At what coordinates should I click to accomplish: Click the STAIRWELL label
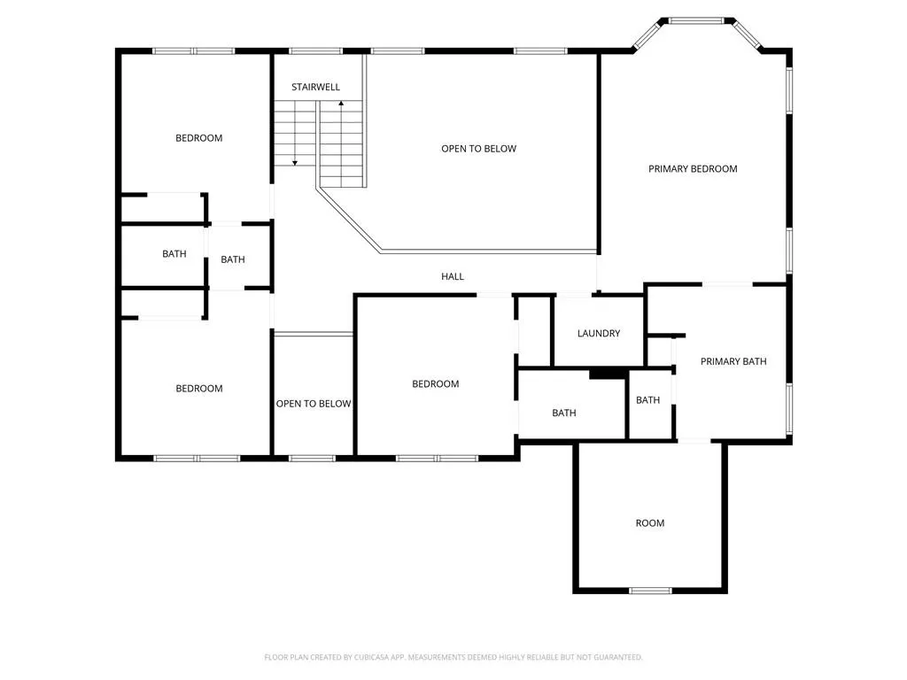(x=315, y=88)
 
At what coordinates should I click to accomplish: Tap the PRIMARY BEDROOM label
(x=693, y=169)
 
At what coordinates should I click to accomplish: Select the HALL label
(x=453, y=276)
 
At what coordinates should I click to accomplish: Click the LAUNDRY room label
(x=599, y=333)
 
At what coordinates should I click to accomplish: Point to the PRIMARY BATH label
(x=733, y=361)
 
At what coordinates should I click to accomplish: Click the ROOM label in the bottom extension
(x=649, y=523)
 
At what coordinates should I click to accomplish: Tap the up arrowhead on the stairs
(x=341, y=104)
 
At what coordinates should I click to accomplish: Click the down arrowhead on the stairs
(x=294, y=163)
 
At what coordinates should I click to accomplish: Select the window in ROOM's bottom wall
(x=650, y=591)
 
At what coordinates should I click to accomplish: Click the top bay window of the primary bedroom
(x=696, y=21)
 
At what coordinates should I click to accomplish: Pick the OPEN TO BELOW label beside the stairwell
(x=478, y=149)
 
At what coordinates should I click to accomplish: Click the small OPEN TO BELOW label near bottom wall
(x=313, y=404)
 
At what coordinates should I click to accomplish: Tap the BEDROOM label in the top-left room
(x=198, y=138)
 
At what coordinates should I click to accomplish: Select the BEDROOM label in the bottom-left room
(x=199, y=389)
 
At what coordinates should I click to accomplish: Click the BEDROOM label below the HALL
(x=435, y=384)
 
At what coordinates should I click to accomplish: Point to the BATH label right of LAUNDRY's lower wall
(x=647, y=400)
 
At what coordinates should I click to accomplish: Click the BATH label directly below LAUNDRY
(x=563, y=413)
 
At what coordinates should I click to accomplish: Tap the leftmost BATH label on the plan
(x=174, y=254)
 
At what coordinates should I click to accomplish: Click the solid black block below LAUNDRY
(x=608, y=375)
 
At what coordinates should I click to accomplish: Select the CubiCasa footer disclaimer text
(x=453, y=657)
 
